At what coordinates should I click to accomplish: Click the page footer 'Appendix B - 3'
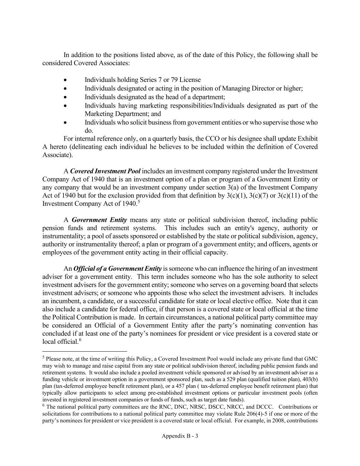(180, 436)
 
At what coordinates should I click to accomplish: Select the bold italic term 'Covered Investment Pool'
(105, 171)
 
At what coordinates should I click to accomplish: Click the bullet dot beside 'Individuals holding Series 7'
(65, 80)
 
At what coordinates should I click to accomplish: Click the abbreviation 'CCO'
(211, 139)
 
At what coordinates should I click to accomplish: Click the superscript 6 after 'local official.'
(80, 340)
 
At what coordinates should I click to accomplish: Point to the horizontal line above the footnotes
(84, 351)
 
